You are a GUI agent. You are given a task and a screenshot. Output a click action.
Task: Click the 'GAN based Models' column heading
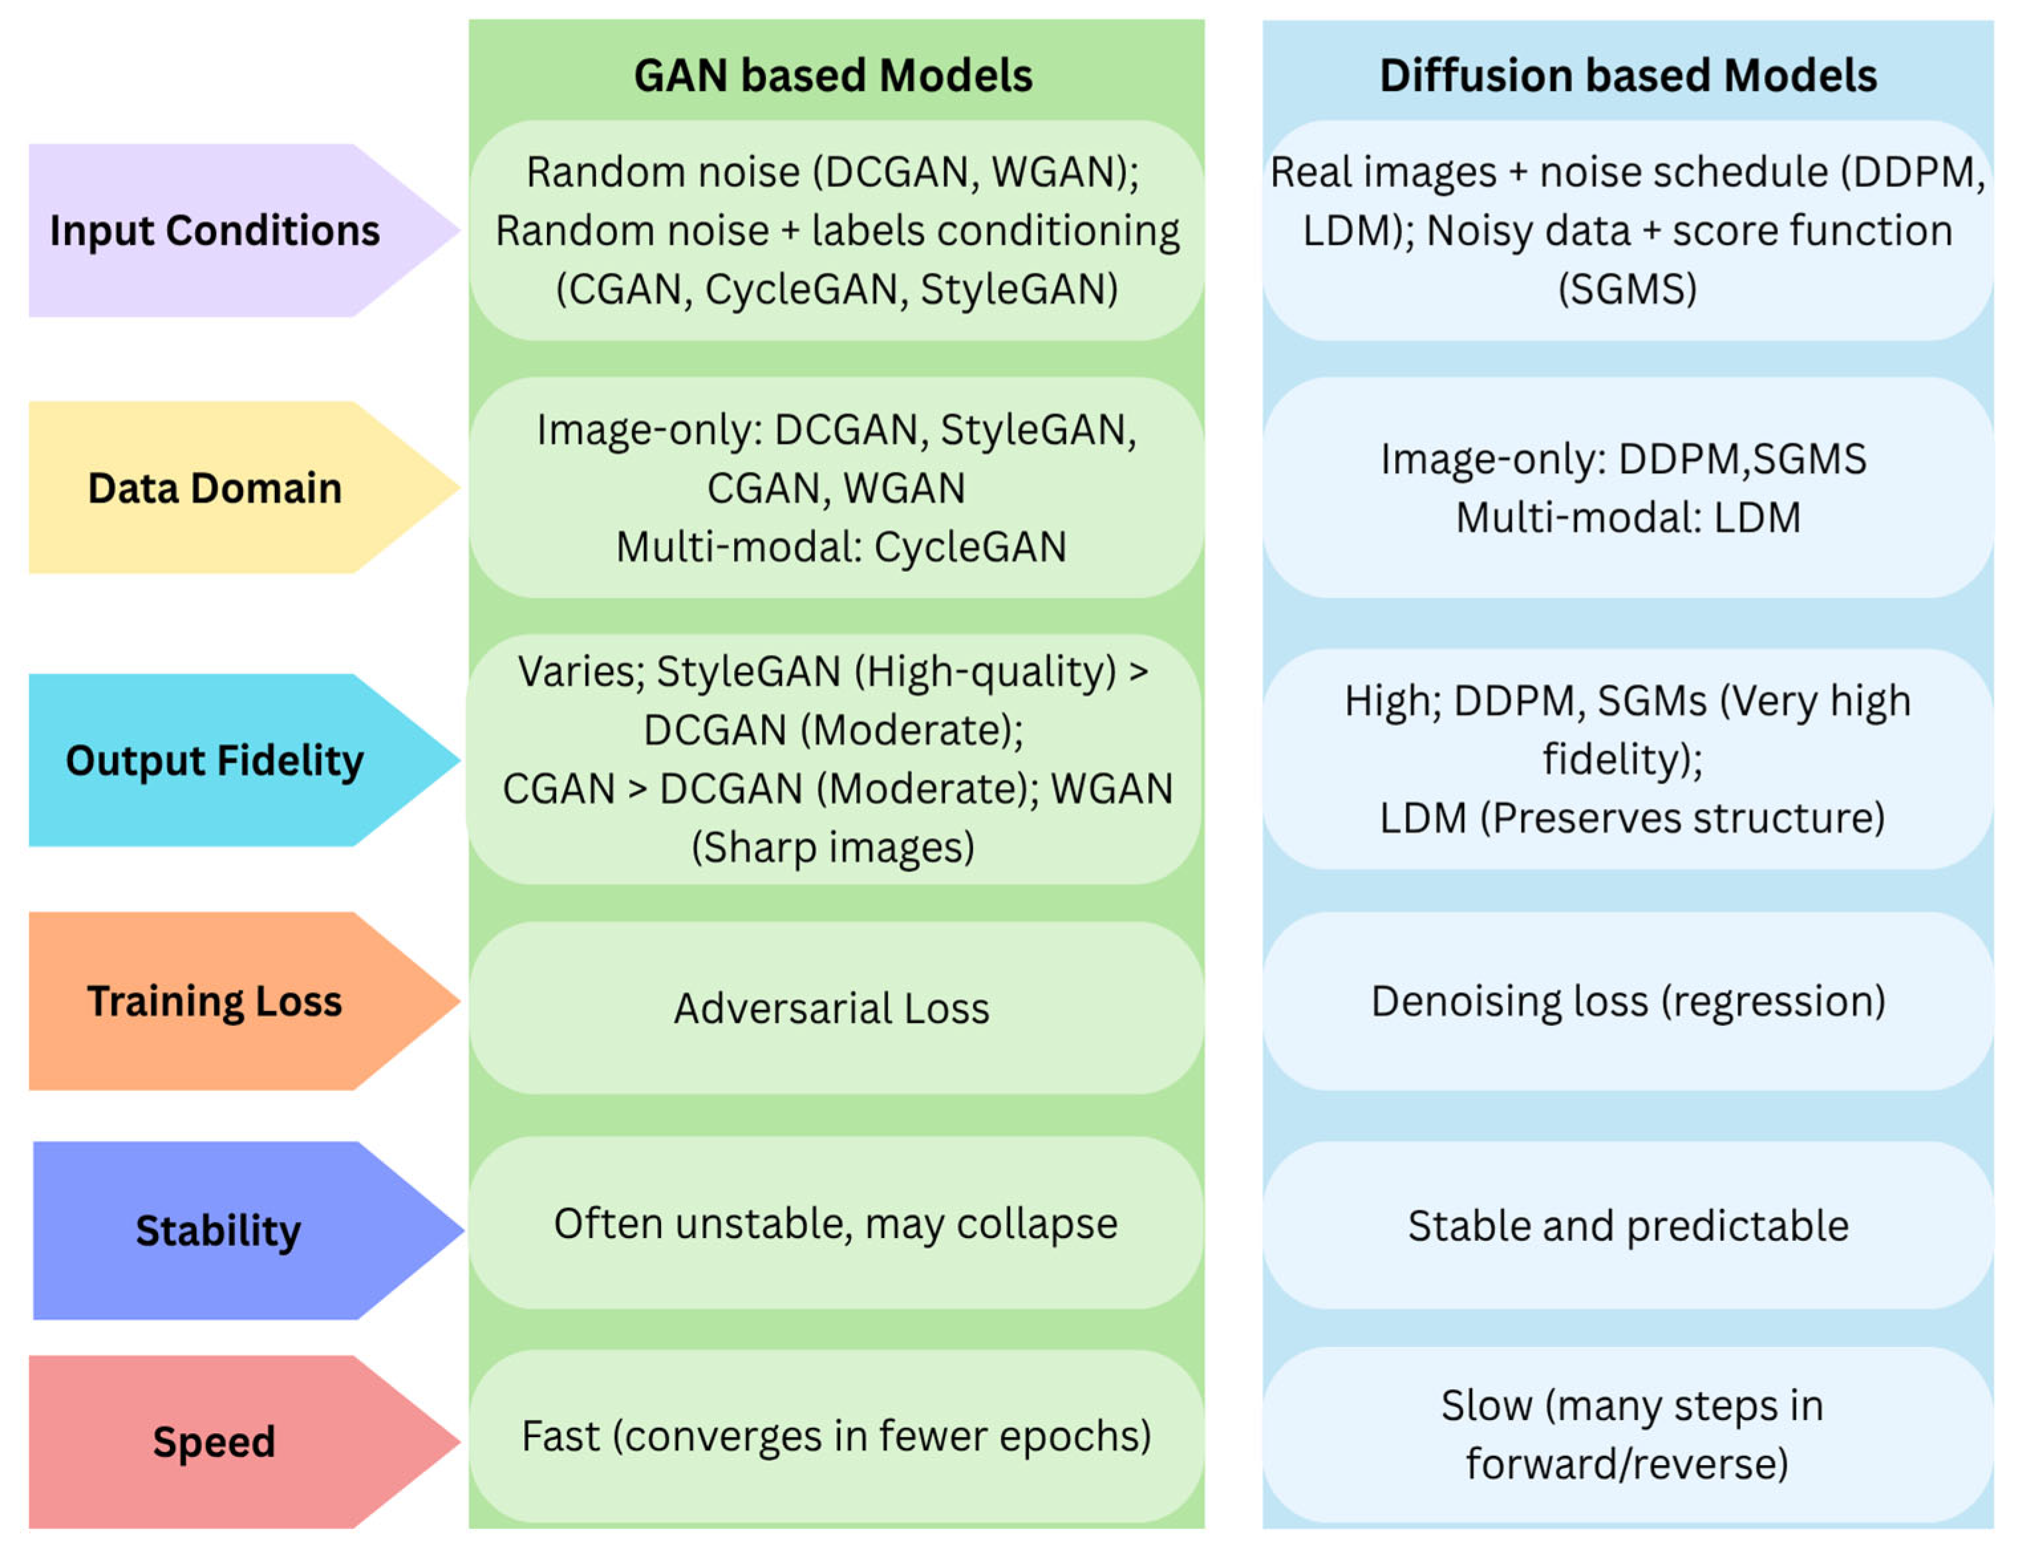click(833, 76)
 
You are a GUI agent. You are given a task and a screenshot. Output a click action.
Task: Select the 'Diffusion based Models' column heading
click(1627, 76)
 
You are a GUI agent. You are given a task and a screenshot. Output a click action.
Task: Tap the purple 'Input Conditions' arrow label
click(214, 231)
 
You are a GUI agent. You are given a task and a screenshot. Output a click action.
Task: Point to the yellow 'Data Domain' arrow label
click(214, 488)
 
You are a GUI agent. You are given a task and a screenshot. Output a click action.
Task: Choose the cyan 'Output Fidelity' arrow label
click(214, 761)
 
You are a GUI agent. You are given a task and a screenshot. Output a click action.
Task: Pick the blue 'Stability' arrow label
click(218, 1231)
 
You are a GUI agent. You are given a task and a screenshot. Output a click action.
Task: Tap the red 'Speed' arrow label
click(214, 1441)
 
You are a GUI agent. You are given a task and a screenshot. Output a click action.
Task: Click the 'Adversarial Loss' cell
click(831, 1008)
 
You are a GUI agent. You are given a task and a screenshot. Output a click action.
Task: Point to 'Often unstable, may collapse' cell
click(836, 1224)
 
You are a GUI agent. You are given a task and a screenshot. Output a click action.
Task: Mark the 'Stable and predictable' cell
click(1627, 1226)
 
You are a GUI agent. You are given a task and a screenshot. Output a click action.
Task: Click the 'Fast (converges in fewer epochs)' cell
click(836, 1437)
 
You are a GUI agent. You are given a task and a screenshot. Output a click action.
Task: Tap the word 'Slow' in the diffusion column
click(1486, 1406)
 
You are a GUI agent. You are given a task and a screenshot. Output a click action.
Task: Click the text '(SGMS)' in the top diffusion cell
click(1627, 290)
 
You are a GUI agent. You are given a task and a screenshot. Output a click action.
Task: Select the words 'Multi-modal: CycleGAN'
click(840, 547)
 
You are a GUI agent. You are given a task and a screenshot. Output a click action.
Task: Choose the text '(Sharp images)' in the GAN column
click(833, 847)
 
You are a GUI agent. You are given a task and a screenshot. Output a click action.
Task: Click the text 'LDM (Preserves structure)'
click(1631, 819)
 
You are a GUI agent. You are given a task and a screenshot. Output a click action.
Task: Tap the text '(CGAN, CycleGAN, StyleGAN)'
click(837, 290)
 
